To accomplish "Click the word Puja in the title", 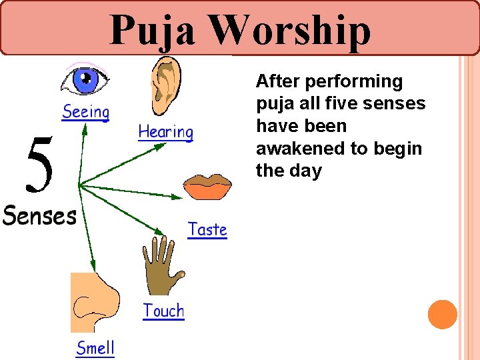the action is (x=153, y=30).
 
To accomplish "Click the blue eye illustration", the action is (x=85, y=81).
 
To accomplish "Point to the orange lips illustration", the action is (x=207, y=187).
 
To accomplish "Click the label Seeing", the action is (x=85, y=113).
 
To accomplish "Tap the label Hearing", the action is (x=165, y=133).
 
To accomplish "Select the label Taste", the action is (x=207, y=230).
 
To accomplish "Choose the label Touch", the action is (x=163, y=311).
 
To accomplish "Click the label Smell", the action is (x=95, y=348).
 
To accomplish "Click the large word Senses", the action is (x=39, y=215).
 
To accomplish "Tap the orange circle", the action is (x=442, y=315).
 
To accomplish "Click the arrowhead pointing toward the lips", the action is (x=177, y=197).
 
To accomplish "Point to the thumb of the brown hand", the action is (x=179, y=273).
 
